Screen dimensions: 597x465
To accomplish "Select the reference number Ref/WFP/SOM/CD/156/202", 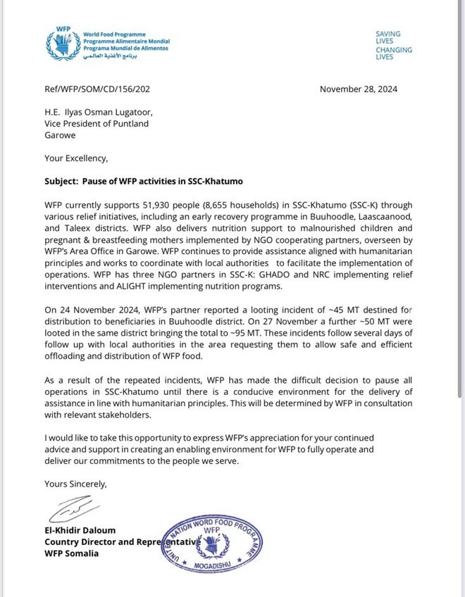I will pos(98,89).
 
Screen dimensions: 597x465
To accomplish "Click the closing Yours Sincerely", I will pos(76,484).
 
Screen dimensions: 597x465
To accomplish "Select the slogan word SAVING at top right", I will pos(387,34).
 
